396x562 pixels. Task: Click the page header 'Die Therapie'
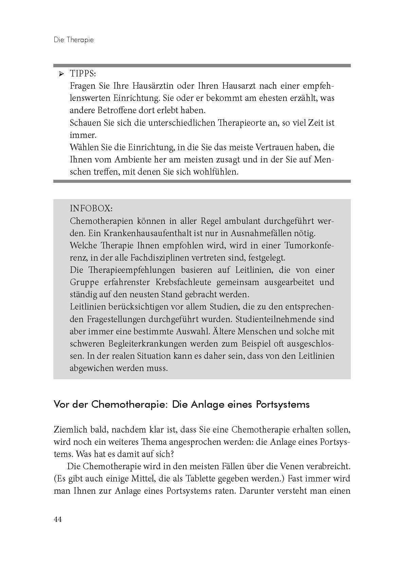pos(74,40)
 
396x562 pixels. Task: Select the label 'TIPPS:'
pos(83,74)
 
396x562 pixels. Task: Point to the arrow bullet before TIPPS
pos(61,74)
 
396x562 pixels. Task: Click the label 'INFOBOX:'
pos(91,208)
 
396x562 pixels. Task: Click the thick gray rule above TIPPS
pos(202,65)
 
